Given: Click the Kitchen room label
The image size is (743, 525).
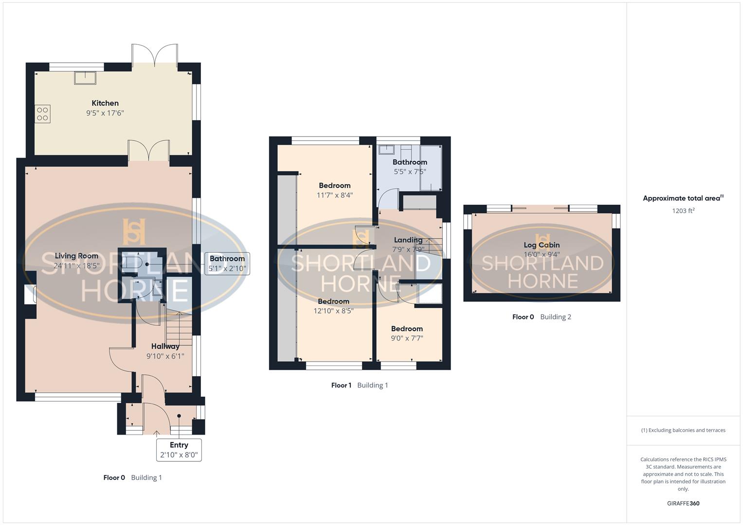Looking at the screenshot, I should [105, 103].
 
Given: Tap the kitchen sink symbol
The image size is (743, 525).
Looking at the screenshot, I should [85, 77].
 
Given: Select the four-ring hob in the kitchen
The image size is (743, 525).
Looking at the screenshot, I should [42, 114].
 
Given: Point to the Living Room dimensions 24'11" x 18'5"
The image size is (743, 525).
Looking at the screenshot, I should [77, 266].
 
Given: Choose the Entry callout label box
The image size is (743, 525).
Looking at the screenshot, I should [179, 450].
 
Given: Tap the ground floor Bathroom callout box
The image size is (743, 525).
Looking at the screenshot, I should [227, 263].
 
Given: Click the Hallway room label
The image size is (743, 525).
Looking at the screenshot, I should [165, 347].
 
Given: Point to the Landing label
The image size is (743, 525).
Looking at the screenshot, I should [408, 240].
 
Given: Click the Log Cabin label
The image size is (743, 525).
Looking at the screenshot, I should [542, 245].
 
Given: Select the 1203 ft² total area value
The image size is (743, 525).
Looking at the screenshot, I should [683, 211].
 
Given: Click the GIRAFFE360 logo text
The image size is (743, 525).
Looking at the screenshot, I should [683, 504].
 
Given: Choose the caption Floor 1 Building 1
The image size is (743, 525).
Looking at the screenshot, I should [360, 385].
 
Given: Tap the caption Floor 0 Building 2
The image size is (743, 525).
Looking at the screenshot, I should [542, 317].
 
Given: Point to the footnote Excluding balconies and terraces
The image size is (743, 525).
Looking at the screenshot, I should [683, 430].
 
